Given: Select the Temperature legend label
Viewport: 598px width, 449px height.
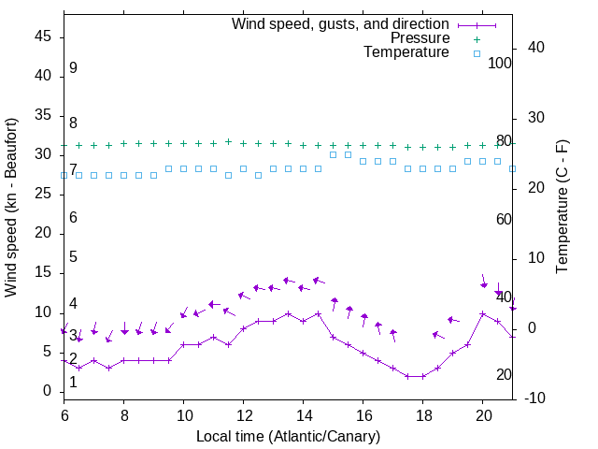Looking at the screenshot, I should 406,52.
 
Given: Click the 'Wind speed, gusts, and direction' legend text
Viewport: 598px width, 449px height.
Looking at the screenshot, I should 341,24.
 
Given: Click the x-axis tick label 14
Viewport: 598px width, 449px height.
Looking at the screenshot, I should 303,414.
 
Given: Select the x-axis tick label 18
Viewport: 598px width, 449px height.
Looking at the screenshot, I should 422,414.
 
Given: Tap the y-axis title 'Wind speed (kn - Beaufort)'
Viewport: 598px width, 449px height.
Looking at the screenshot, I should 12,208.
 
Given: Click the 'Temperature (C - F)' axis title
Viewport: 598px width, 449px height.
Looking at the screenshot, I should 562,208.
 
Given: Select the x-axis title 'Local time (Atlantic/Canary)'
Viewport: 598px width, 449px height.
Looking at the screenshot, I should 288,436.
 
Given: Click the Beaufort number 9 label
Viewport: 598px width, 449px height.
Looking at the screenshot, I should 73,68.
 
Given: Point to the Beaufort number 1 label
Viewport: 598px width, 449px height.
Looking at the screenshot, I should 73,382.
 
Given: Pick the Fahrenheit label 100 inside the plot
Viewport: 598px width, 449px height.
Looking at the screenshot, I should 501,63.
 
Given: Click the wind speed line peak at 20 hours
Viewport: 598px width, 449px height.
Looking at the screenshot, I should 482,313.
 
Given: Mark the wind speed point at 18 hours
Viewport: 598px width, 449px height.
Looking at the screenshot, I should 422,376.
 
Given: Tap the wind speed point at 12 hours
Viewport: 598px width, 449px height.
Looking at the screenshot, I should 243,328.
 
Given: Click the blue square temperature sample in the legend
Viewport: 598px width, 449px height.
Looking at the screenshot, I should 477,53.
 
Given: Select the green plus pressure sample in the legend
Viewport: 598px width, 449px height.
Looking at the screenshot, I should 477,39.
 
